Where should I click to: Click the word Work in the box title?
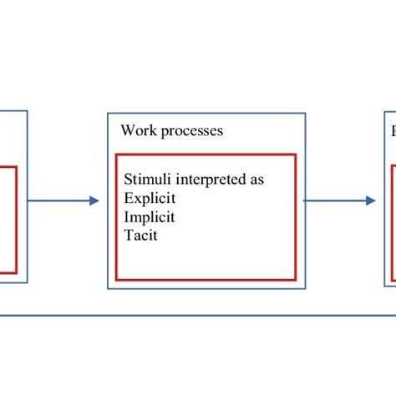tap(136, 131)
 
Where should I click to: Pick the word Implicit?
tap(151, 217)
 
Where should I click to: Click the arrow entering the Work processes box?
tap(63, 201)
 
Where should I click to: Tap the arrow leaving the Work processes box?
tap(338, 201)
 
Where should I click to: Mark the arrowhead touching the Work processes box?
tap(94, 201)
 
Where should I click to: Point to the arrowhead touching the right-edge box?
tap(370, 201)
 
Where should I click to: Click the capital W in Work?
tap(127, 131)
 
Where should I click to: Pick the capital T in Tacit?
tap(128, 236)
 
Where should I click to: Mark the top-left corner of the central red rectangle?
tap(116, 155)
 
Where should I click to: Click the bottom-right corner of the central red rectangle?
tap(296, 280)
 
